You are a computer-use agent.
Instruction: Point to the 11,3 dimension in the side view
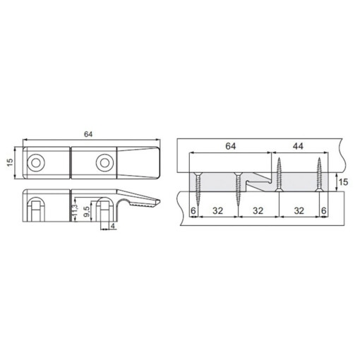click(x=73, y=210)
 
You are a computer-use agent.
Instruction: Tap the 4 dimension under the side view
click(x=113, y=226)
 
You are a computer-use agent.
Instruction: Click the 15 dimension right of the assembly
click(x=344, y=183)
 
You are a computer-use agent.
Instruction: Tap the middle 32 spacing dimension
click(x=258, y=210)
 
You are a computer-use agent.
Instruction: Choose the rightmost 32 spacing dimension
click(x=299, y=210)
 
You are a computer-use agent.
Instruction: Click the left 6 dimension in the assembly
click(x=192, y=210)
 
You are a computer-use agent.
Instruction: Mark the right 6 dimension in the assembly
click(x=323, y=210)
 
